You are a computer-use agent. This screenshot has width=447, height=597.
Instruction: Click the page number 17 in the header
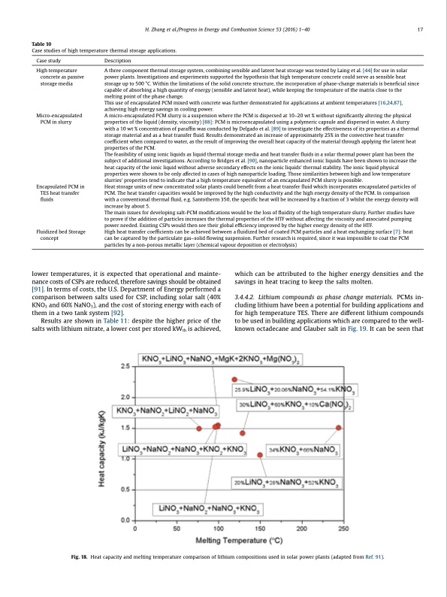coord(426,29)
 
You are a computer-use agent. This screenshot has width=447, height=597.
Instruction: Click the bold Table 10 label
coord(42,44)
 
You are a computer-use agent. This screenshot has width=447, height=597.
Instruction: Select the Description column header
coord(120,59)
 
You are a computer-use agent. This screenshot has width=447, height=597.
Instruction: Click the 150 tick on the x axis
coord(259,529)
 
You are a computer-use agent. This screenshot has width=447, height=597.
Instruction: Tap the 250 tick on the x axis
coord(343,529)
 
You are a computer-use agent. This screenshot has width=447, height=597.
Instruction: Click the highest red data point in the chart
coord(235,380)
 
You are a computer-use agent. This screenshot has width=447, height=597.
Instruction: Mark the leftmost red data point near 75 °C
coord(199,427)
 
